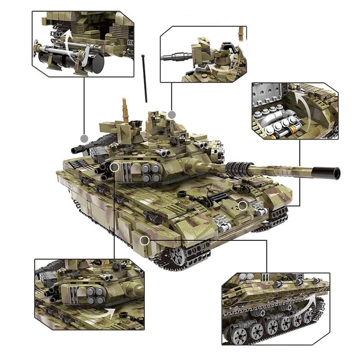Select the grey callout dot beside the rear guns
(83, 138)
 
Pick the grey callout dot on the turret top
(171, 115)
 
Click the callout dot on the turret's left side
(114, 167)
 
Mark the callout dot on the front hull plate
(243, 206)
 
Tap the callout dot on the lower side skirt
(144, 241)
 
